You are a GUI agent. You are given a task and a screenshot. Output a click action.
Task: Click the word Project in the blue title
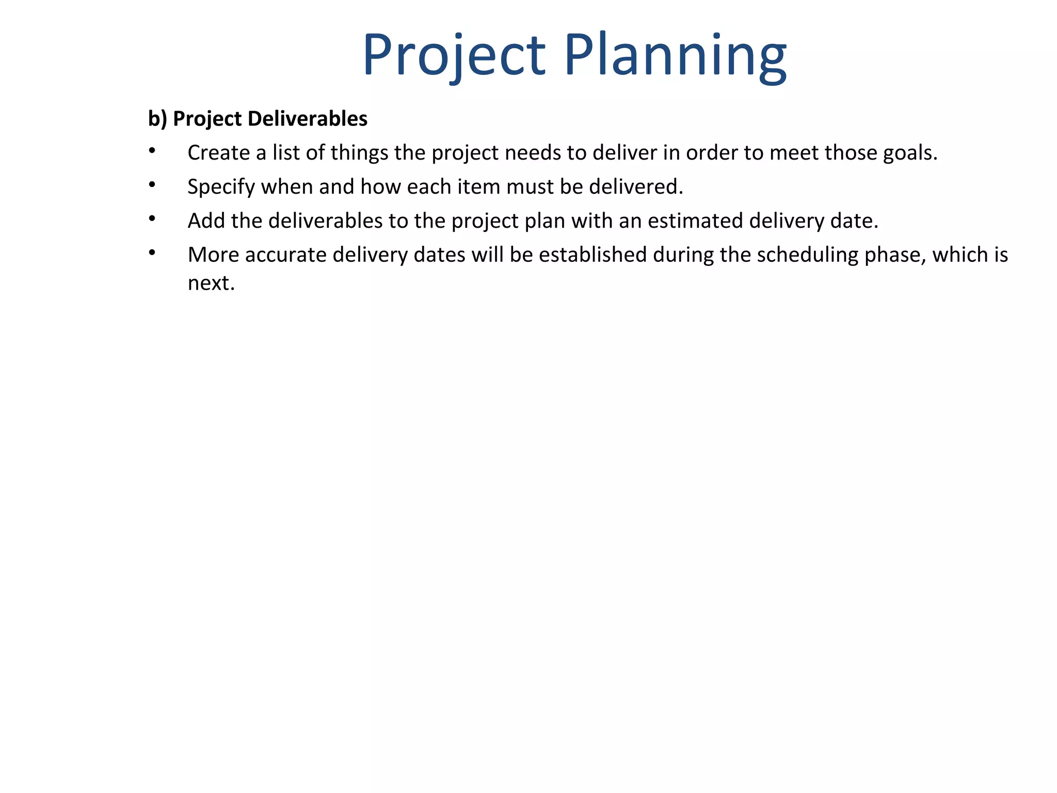click(454, 56)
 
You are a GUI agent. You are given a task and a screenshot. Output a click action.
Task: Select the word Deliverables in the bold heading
click(308, 119)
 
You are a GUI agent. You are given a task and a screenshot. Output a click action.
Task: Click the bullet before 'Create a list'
click(152, 150)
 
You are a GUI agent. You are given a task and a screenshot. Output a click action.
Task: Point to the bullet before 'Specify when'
click(152, 184)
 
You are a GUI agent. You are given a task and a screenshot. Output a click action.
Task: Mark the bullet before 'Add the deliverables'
click(152, 218)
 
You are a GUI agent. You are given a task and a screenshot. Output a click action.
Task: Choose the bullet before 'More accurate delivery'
click(152, 252)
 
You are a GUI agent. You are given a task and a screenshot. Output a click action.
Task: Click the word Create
click(219, 153)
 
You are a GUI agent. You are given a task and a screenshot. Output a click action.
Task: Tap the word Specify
click(221, 187)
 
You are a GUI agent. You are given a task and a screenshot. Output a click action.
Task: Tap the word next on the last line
click(211, 283)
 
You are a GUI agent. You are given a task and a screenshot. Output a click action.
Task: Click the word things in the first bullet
click(359, 153)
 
